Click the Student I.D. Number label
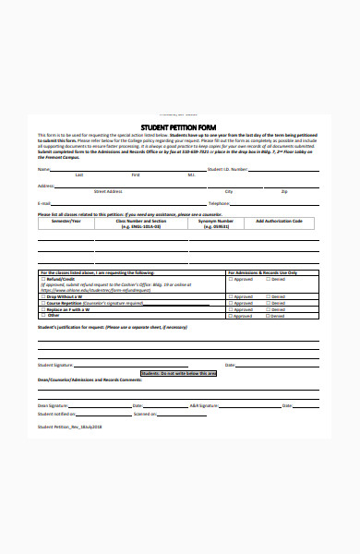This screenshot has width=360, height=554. point(227,169)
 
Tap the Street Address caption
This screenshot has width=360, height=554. point(108,191)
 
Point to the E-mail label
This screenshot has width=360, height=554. point(43,203)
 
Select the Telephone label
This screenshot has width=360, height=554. point(219,203)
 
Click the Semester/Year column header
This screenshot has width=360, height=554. point(66,222)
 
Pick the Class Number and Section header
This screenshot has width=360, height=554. point(140,222)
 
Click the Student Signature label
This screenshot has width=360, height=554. point(54,366)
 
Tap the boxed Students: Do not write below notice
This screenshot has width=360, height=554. point(178,373)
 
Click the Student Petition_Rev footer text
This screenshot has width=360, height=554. point(69,428)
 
